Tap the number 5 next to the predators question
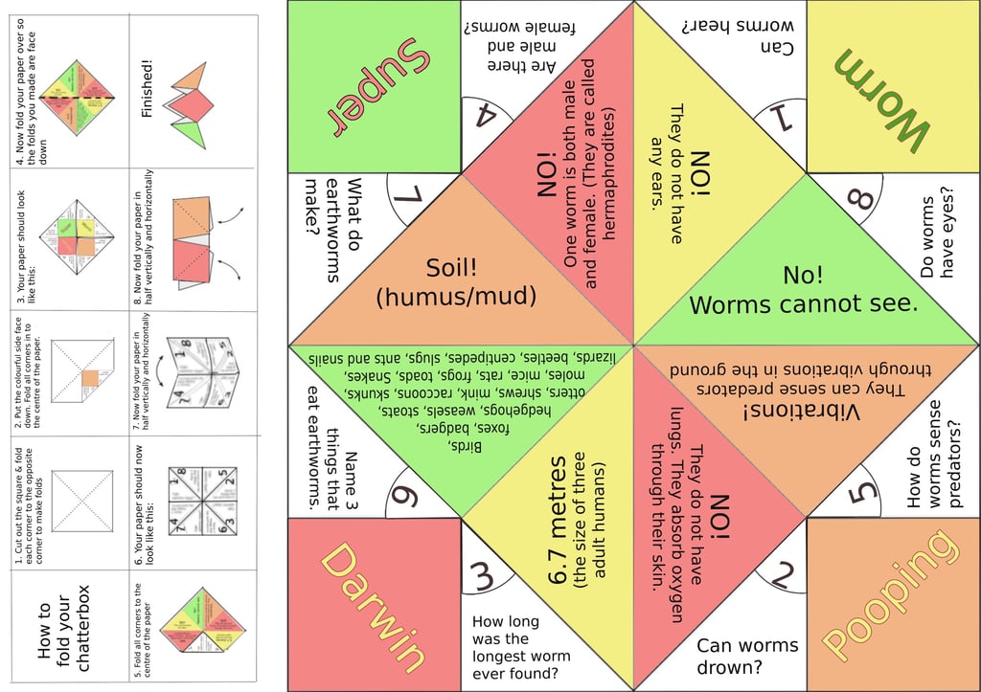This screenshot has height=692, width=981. (x=861, y=493)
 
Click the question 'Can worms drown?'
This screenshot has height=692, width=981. (x=746, y=656)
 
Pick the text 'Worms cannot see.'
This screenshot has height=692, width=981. (x=804, y=304)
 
